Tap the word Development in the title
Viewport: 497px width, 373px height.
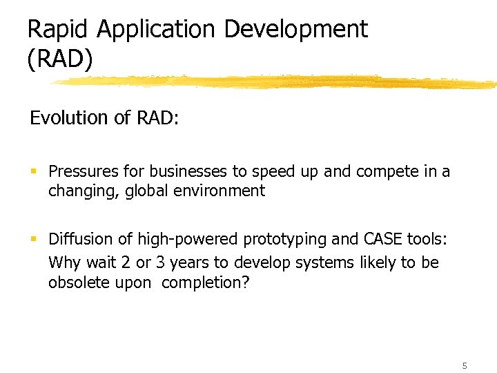[296, 29]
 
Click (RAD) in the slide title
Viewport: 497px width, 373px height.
[59, 59]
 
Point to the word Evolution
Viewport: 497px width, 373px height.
[69, 118]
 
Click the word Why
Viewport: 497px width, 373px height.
[62, 263]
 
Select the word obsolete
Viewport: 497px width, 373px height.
[75, 283]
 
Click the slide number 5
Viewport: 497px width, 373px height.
[465, 365]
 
